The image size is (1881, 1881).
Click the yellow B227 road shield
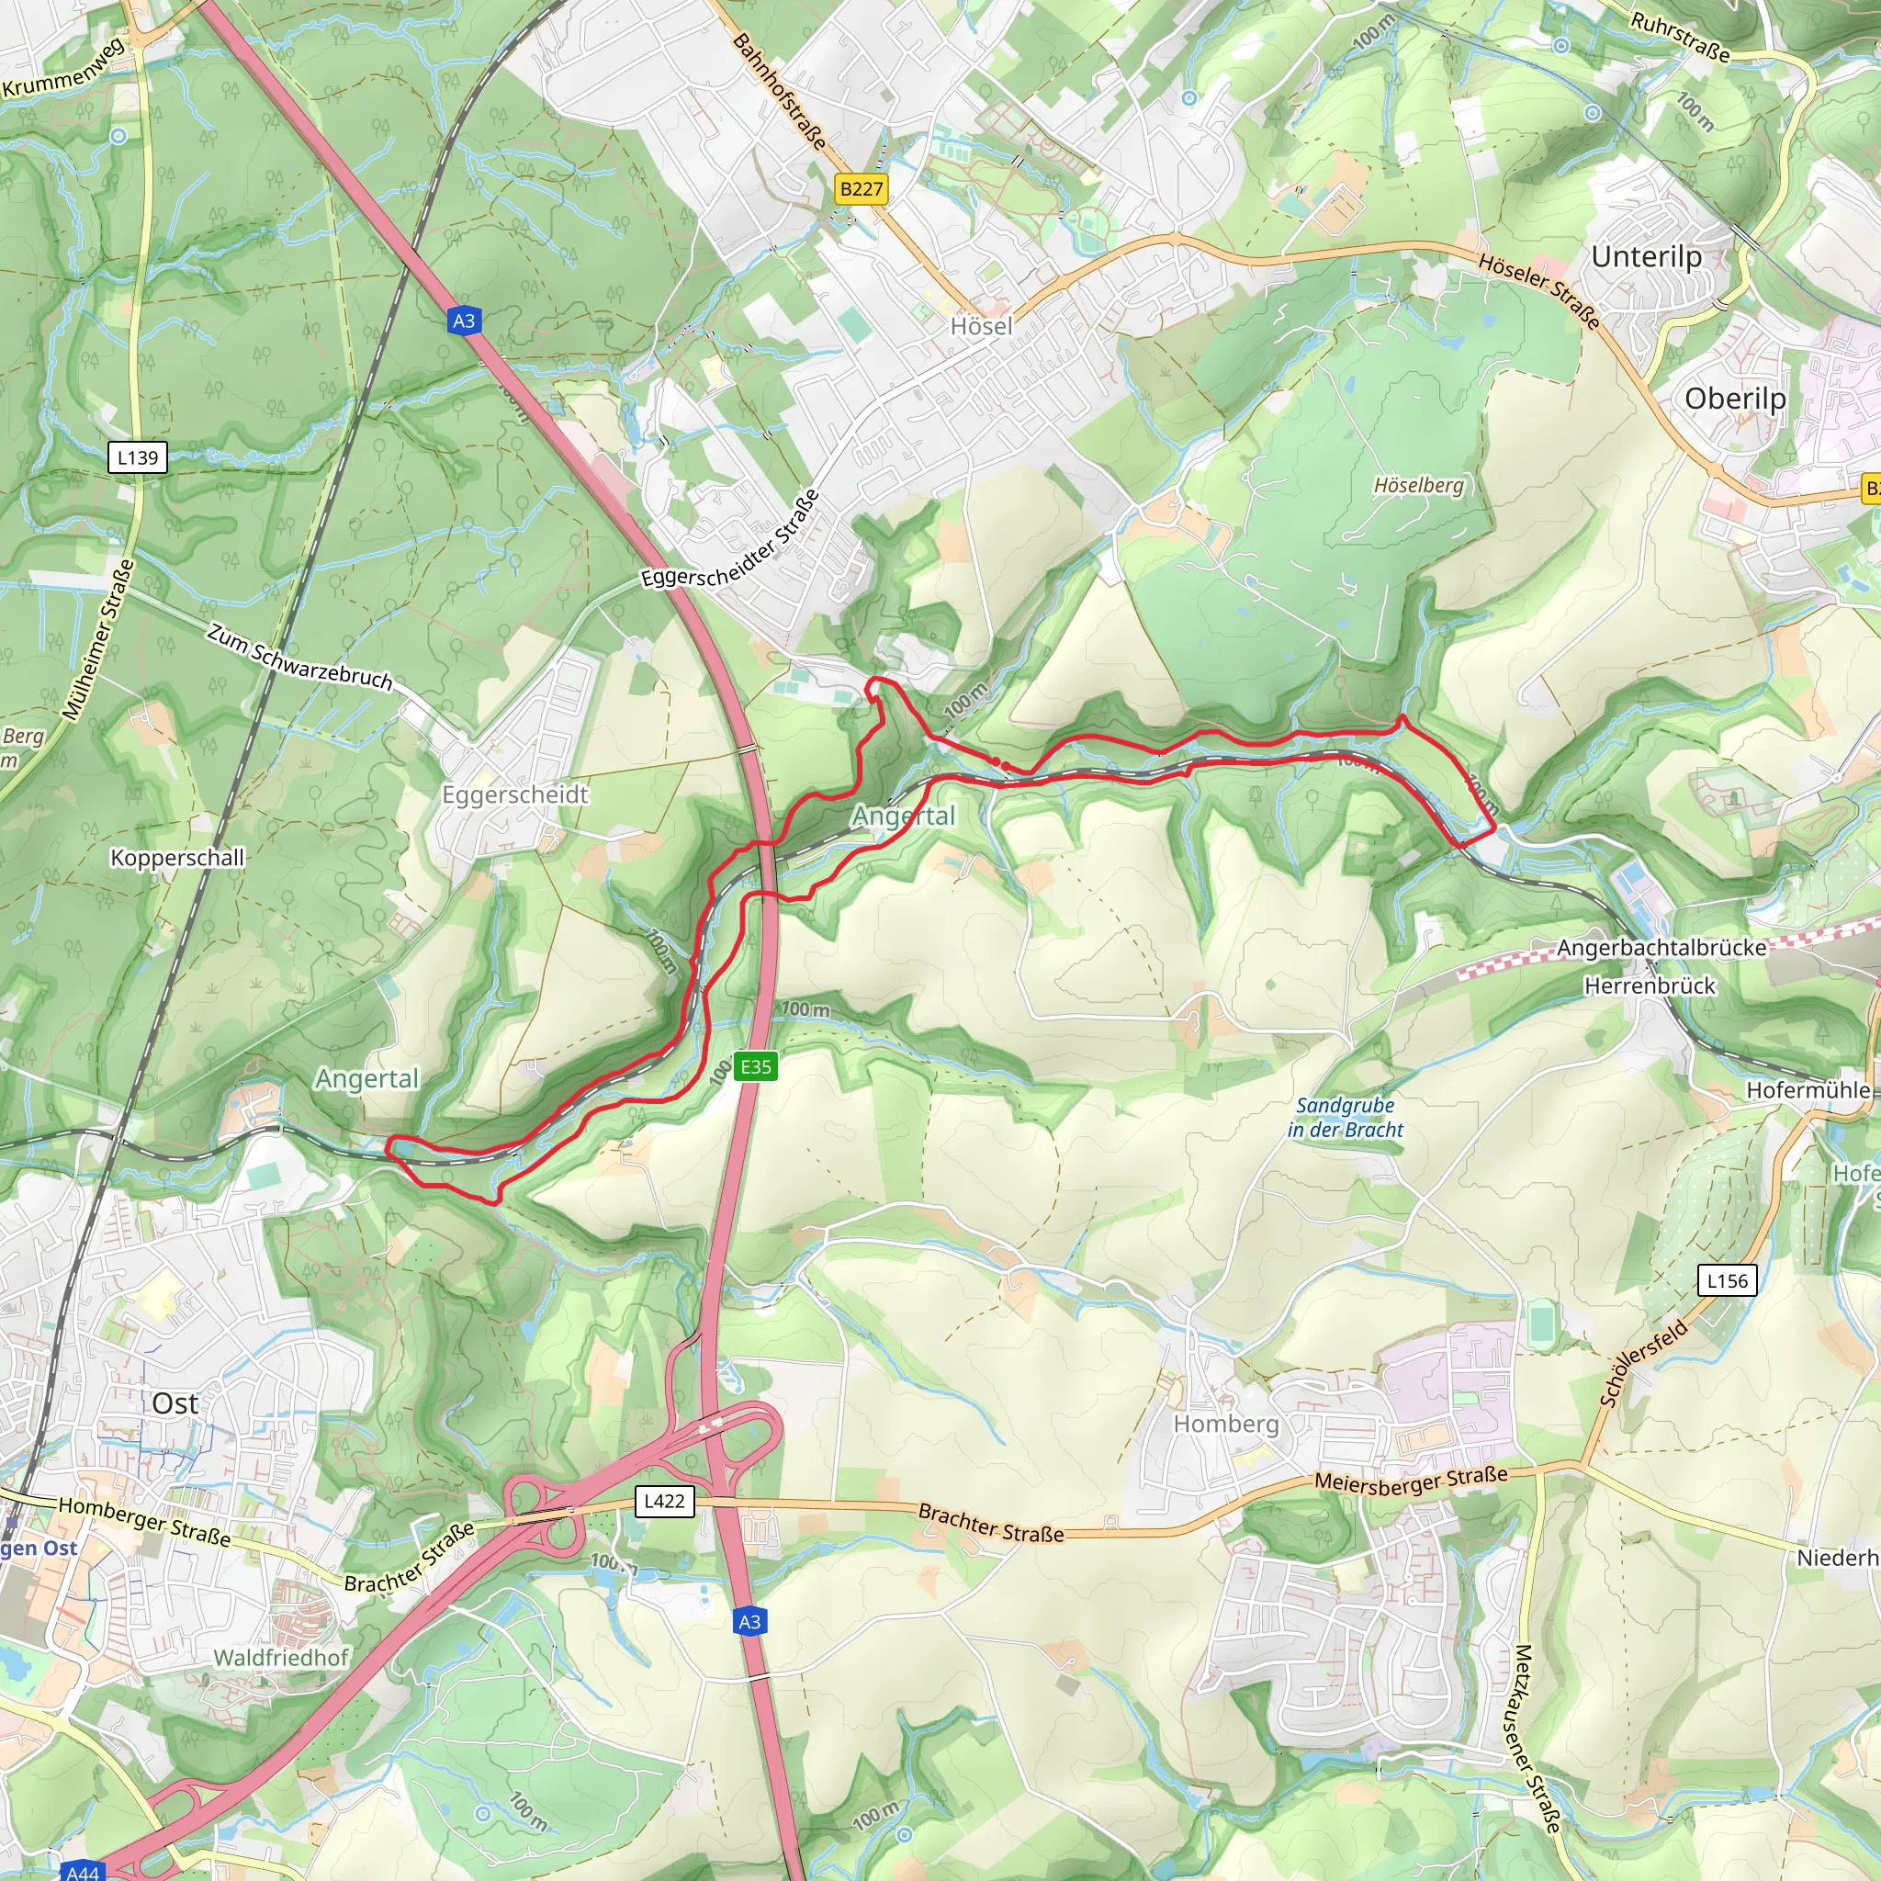pyautogui.click(x=862, y=189)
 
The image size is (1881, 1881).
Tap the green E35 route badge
pyautogui.click(x=756, y=1066)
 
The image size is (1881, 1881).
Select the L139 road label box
pyautogui.click(x=137, y=457)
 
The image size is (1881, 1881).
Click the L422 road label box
pyautogui.click(x=665, y=1501)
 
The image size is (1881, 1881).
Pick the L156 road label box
pyautogui.click(x=1728, y=1280)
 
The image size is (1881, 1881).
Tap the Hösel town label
pyautogui.click(x=982, y=326)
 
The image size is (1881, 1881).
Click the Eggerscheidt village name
pyautogui.click(x=515, y=794)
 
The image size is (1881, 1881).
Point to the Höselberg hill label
pyautogui.click(x=1418, y=485)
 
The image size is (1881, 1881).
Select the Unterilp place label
pyautogui.click(x=1647, y=257)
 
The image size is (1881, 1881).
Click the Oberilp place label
pyautogui.click(x=1735, y=399)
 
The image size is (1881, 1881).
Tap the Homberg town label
pyautogui.click(x=1226, y=1424)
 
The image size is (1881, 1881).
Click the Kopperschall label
pyautogui.click(x=177, y=858)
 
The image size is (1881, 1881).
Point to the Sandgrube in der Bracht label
pyautogui.click(x=1346, y=1118)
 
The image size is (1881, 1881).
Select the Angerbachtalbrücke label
pyautogui.click(x=1661, y=947)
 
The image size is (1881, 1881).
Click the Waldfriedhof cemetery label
pyautogui.click(x=280, y=1657)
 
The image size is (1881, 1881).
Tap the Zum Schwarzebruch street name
pyautogui.click(x=299, y=659)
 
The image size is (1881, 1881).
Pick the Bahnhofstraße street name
pyautogui.click(x=779, y=91)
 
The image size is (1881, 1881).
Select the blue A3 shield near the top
pyautogui.click(x=465, y=321)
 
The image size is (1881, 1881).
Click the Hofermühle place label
pyautogui.click(x=1808, y=1089)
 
